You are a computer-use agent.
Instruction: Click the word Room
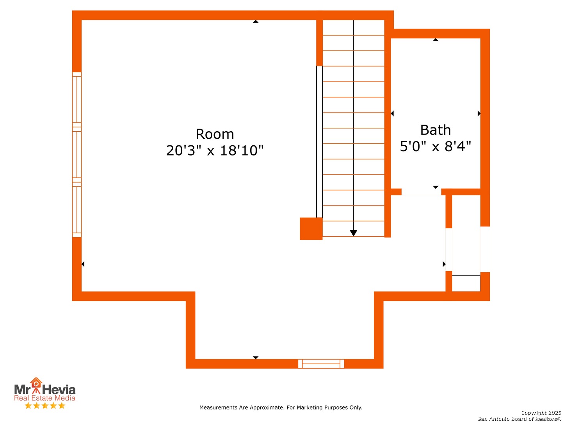click(215, 134)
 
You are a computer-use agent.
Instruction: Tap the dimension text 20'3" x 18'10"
click(215, 150)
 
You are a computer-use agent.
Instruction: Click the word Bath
click(435, 130)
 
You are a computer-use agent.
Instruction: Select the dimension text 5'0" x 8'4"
click(435, 146)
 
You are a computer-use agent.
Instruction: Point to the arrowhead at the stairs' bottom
click(353, 232)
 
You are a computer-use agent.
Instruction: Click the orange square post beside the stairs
click(311, 229)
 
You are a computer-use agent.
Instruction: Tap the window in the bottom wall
click(321, 363)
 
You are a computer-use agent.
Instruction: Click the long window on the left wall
click(76, 154)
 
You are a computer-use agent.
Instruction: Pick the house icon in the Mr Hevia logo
click(36, 383)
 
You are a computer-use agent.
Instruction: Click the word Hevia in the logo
click(59, 390)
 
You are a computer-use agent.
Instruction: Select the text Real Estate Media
click(44, 398)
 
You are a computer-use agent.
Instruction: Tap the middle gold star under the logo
click(45, 406)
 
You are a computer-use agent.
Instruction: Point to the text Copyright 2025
click(541, 413)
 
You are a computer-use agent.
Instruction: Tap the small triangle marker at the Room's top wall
click(255, 21)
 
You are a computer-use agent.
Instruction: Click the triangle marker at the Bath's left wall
click(392, 113)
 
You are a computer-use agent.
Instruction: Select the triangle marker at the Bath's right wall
click(479, 113)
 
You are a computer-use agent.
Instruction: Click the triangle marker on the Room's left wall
click(83, 264)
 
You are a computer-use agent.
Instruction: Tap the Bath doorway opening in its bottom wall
click(421, 192)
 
